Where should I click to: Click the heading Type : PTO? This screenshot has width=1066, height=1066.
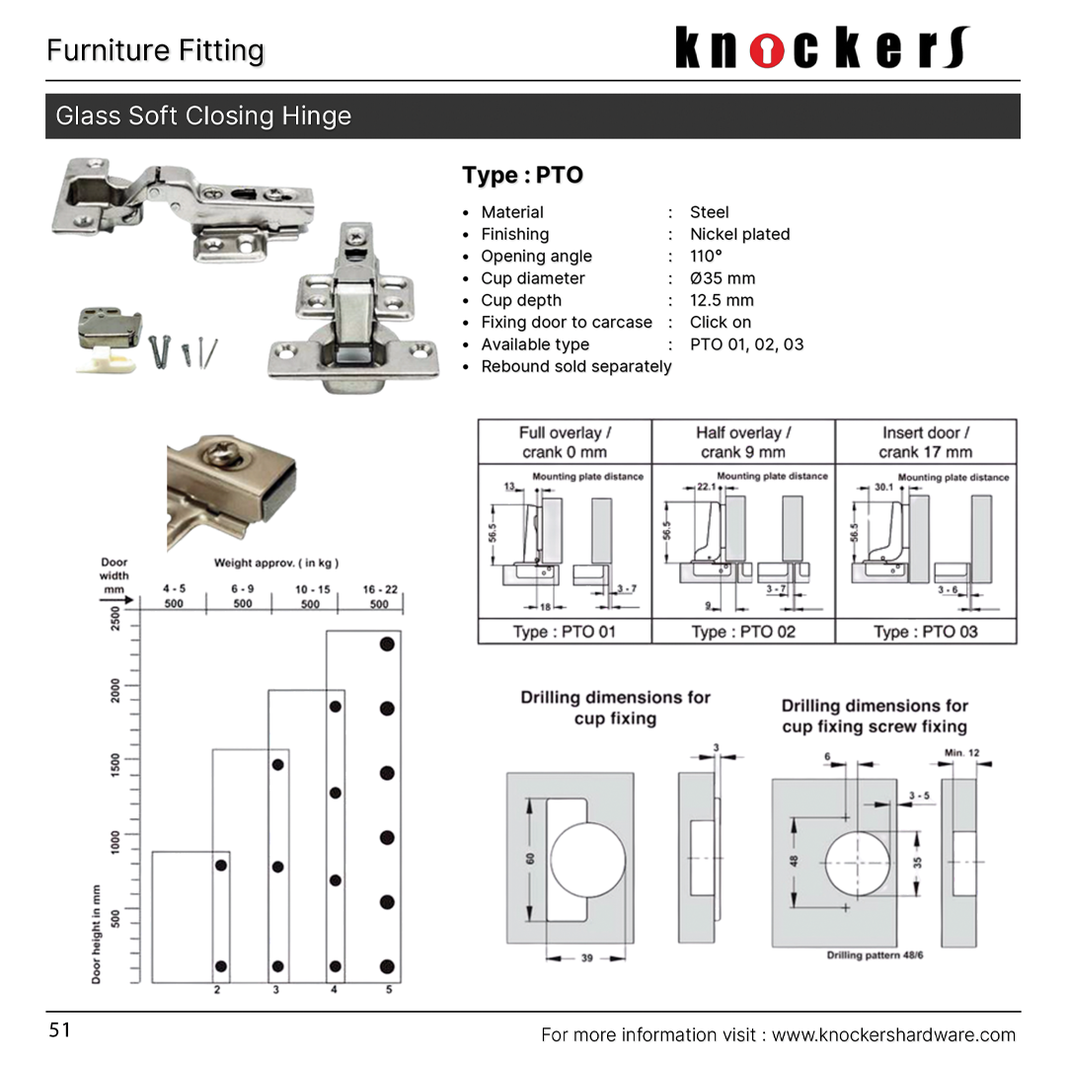[522, 176]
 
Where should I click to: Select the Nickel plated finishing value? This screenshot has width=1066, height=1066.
[739, 234]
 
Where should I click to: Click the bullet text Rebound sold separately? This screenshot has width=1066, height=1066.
[575, 366]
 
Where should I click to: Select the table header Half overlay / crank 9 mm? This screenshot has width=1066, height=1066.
[742, 442]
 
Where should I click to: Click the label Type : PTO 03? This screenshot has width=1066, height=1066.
[925, 632]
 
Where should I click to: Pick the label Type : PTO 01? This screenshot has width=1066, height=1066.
[564, 632]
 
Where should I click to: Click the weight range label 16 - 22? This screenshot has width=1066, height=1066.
[380, 589]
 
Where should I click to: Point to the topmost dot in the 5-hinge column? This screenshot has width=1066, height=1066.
[387, 644]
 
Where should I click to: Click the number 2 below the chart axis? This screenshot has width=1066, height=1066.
[217, 989]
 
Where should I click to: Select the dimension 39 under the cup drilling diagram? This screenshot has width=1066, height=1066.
[586, 957]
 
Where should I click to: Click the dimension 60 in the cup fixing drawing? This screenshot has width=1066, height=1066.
[530, 859]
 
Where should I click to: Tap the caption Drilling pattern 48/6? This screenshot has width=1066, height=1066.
[875, 955]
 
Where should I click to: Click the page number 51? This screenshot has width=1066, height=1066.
[60, 1030]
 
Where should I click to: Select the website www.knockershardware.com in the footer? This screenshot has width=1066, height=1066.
[893, 1034]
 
